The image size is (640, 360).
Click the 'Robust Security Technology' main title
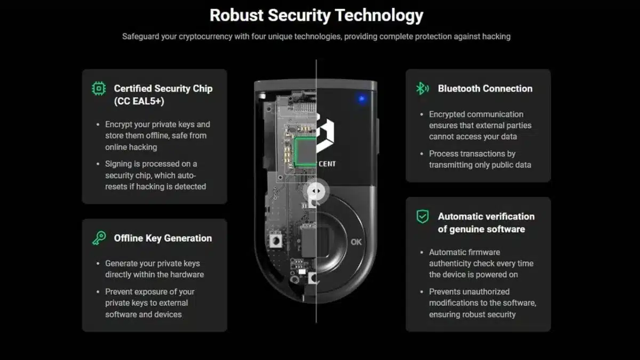[316, 15]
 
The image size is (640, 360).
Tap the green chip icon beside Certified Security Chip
[99, 89]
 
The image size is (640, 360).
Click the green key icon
[99, 238]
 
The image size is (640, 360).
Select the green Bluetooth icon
[422, 89]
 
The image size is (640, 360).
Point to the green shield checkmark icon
[422, 217]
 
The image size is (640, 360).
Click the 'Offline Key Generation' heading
[163, 238]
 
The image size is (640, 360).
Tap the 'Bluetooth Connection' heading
[485, 89]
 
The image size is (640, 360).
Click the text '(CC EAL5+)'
[139, 101]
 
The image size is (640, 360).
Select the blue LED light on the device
[362, 99]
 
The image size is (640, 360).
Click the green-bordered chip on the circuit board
[306, 151]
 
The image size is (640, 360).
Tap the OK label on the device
[356, 242]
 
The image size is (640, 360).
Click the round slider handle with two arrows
[316, 191]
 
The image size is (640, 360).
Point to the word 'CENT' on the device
[327, 164]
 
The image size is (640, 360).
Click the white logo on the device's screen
[325, 134]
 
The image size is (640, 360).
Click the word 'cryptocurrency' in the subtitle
[205, 37]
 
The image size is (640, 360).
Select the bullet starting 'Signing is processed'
[155, 175]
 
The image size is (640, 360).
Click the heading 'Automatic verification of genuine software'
[486, 223]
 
